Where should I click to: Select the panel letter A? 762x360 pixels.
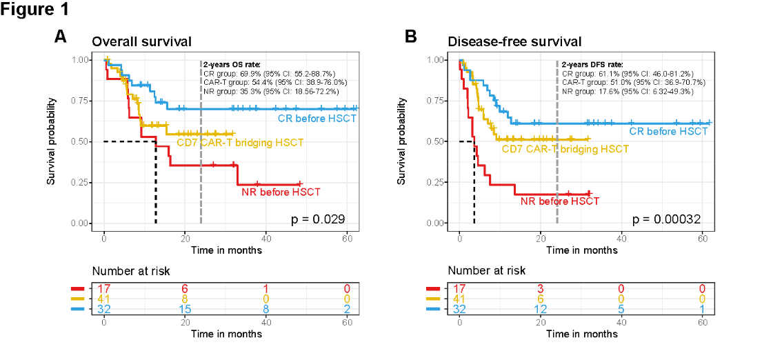pyautogui.click(x=61, y=37)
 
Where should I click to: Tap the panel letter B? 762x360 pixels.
pyautogui.click(x=411, y=37)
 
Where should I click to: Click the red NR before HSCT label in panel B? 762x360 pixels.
pyautogui.click(x=560, y=201)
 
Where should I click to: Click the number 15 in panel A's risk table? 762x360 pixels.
pyautogui.click(x=185, y=310)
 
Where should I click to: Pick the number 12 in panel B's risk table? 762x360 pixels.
pyautogui.click(x=541, y=310)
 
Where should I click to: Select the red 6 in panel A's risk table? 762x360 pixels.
pyautogui.click(x=185, y=288)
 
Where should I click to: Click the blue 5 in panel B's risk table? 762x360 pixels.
pyautogui.click(x=621, y=310)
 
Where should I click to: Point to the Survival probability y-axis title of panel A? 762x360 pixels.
pyautogui.click(x=51, y=141)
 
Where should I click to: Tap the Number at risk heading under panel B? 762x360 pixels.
pyautogui.click(x=486, y=271)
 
